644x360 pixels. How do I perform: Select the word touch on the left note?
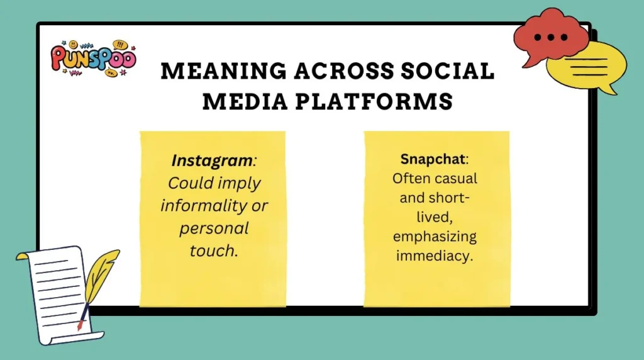click(x=213, y=250)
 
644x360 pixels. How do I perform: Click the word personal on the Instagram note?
click(x=214, y=228)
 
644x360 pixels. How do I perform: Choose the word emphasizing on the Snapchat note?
click(x=435, y=237)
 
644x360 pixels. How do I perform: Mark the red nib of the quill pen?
click(x=80, y=325)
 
